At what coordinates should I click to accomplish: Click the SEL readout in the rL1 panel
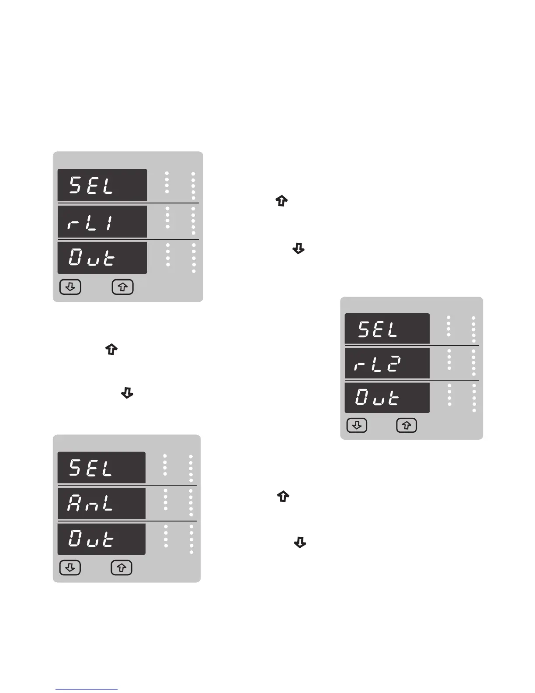click(x=102, y=185)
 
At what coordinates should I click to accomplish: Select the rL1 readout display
click(x=102, y=222)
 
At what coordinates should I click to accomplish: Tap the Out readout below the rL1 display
click(x=102, y=258)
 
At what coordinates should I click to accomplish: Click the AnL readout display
click(x=101, y=503)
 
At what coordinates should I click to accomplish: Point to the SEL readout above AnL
click(x=101, y=468)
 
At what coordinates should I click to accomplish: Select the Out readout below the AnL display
click(x=101, y=539)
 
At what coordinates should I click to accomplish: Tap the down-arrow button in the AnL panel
click(x=70, y=568)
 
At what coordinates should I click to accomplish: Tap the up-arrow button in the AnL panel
click(x=122, y=568)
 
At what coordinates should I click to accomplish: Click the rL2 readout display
click(x=387, y=363)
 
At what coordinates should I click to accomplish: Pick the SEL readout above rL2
click(x=387, y=329)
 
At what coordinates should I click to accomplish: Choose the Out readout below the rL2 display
click(x=387, y=398)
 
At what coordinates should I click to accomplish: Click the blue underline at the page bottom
click(x=87, y=689)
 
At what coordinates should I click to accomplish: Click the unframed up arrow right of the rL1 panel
click(x=282, y=201)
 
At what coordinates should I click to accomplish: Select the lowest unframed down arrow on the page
click(x=300, y=543)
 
